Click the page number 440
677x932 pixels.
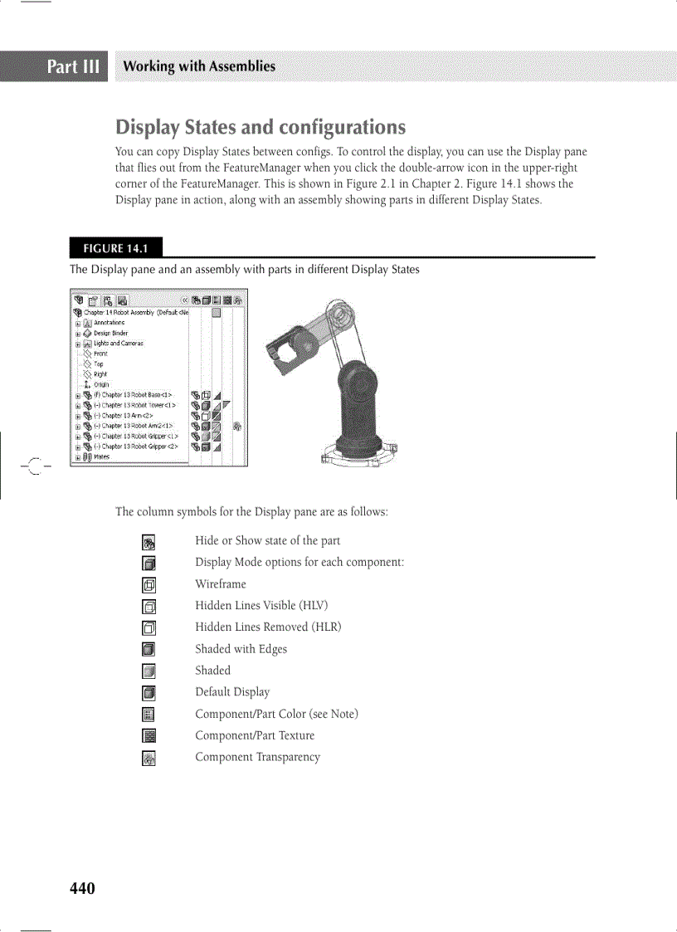point(82,889)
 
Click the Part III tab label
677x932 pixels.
point(73,66)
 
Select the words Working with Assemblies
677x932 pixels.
point(198,66)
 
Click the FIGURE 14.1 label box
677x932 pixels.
point(115,248)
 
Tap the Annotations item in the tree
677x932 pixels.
point(109,323)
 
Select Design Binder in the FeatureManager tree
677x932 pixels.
point(110,333)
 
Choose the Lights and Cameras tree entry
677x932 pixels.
point(118,344)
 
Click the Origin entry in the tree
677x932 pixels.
point(100,384)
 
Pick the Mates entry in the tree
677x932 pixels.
point(101,456)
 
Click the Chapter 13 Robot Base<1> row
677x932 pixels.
point(136,395)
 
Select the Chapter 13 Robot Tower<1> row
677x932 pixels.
point(138,405)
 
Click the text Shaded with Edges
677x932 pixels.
point(241,649)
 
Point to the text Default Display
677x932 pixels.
point(232,692)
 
